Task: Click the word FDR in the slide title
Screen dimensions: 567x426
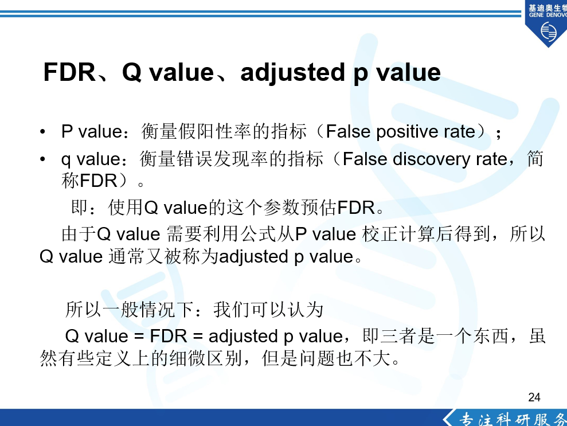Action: (69, 72)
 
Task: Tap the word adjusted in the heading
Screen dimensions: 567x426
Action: (292, 73)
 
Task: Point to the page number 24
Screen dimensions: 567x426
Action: (534, 397)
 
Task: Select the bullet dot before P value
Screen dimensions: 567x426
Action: (42, 131)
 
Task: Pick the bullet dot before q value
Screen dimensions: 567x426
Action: (42, 159)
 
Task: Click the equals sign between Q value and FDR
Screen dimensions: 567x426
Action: (139, 337)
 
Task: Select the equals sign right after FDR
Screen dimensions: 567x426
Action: (197, 337)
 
